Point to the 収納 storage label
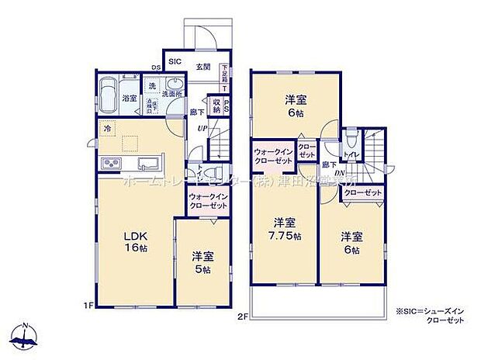pos(217,106)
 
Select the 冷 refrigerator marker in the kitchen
pos(108,128)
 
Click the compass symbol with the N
pos(26,334)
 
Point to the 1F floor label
pos(90,305)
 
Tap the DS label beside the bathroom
pos(154,67)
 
